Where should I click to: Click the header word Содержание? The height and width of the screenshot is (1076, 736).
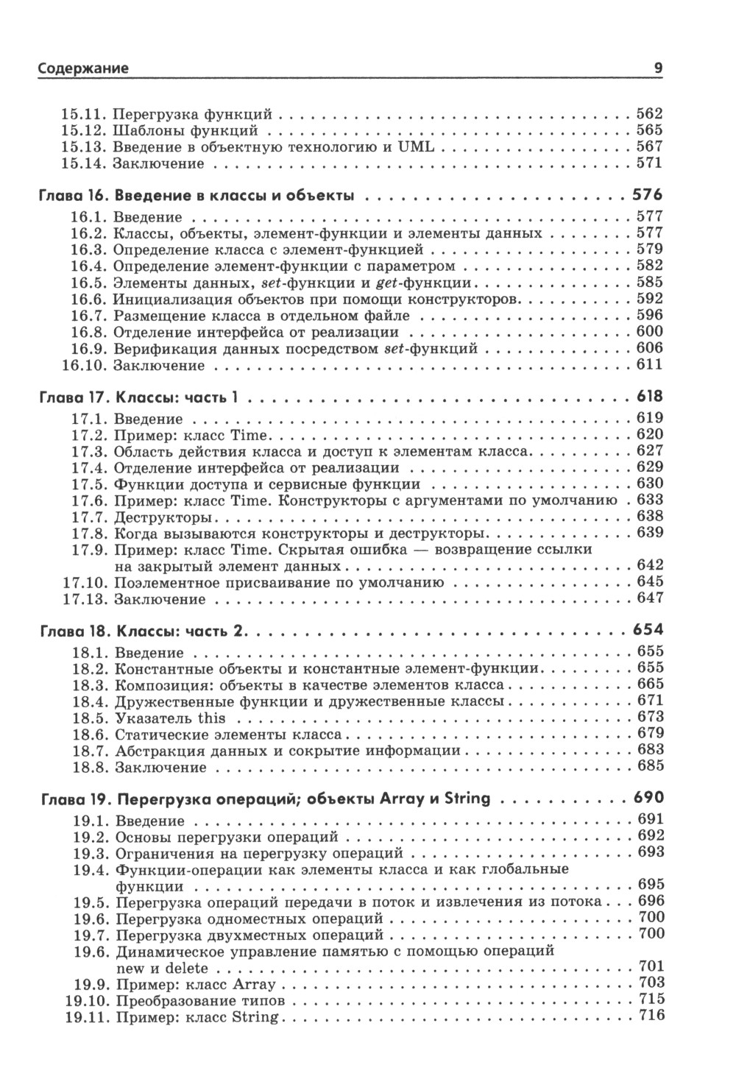coord(83,68)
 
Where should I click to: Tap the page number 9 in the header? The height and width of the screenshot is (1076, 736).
coord(658,68)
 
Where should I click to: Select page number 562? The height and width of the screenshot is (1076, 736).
coord(649,114)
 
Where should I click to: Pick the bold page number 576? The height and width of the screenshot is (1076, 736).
coord(648,196)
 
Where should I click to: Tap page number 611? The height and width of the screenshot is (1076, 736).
coord(649,365)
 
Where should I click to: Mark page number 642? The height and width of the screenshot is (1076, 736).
coord(649,565)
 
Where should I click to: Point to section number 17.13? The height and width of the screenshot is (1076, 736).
coord(83,598)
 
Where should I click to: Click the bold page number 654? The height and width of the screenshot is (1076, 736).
coord(648,631)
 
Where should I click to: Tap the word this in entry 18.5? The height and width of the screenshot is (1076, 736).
coord(211,718)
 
